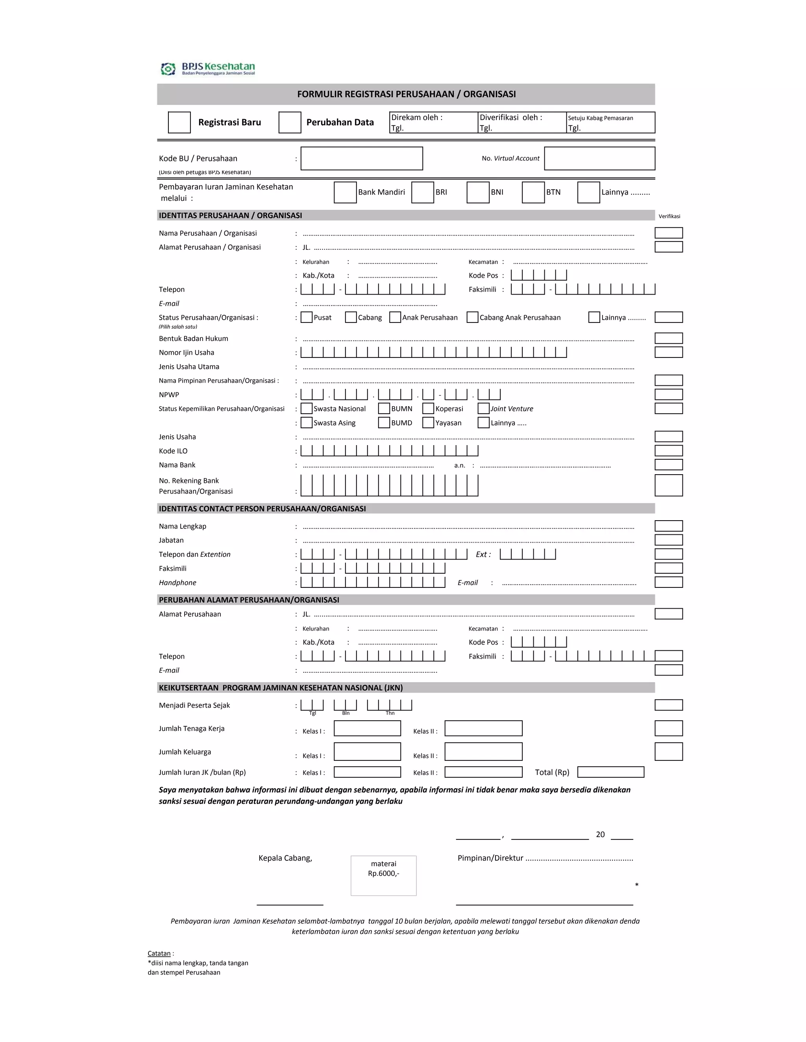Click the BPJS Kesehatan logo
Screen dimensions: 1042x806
pos(208,69)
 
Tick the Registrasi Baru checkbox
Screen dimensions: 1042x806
pos(179,123)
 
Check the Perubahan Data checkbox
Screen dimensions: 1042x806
pos(290,123)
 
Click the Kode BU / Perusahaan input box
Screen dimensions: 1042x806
pos(361,158)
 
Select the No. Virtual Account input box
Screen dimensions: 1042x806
pos(599,158)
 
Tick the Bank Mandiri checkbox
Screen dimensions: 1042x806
pos(345,192)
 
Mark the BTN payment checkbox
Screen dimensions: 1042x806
pos(533,192)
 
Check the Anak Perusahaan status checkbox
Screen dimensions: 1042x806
pos(395,317)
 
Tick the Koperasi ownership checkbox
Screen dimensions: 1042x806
pos(428,409)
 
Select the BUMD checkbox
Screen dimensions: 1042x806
pos(384,423)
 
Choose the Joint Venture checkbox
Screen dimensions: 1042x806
pos(483,409)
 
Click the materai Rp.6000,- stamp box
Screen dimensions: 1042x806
pos(383,876)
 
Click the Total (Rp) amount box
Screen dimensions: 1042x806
pos(610,772)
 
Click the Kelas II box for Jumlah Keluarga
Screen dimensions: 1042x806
pos(483,751)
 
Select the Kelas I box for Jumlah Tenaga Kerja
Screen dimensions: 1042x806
pos(367,728)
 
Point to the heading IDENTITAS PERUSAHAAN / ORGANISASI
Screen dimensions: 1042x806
pos(230,215)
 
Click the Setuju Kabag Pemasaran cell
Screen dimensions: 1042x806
pos(610,123)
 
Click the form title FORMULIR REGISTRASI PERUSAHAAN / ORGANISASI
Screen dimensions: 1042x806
pos(406,94)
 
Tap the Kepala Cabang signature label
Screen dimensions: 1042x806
pos(285,858)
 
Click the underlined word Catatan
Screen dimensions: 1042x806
pos(159,953)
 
